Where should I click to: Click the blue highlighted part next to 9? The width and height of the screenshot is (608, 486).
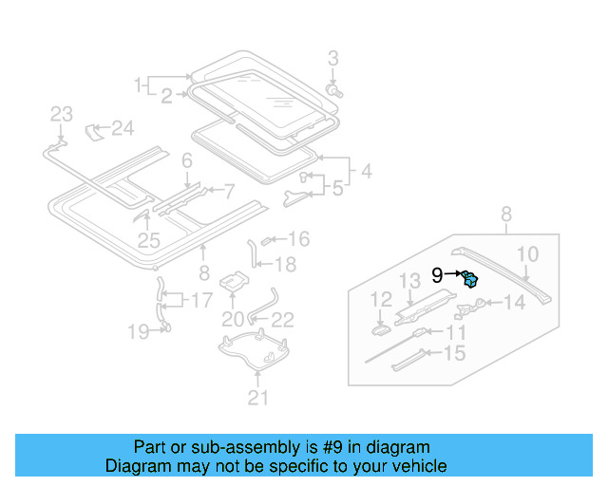pyautogui.click(x=470, y=278)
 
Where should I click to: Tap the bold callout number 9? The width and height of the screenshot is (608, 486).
pyautogui.click(x=437, y=275)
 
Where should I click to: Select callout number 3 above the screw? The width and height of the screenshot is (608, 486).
pyautogui.click(x=332, y=60)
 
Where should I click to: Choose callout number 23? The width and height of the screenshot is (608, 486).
pyautogui.click(x=61, y=115)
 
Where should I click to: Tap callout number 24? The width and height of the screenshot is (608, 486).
pyautogui.click(x=123, y=127)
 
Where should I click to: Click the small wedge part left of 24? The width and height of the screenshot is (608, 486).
pyautogui.click(x=94, y=128)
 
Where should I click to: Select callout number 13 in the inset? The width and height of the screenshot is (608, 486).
pyautogui.click(x=408, y=280)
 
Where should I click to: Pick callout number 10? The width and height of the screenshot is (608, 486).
pyautogui.click(x=528, y=253)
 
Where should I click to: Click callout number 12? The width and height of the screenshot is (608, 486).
pyautogui.click(x=380, y=301)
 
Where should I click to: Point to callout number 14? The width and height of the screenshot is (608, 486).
pyautogui.click(x=513, y=304)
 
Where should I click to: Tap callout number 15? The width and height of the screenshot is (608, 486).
pyautogui.click(x=455, y=354)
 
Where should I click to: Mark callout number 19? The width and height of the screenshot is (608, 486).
pyautogui.click(x=139, y=331)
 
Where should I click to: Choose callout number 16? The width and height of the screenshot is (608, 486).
pyautogui.click(x=298, y=239)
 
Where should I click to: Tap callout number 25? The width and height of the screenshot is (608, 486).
pyautogui.click(x=148, y=241)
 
